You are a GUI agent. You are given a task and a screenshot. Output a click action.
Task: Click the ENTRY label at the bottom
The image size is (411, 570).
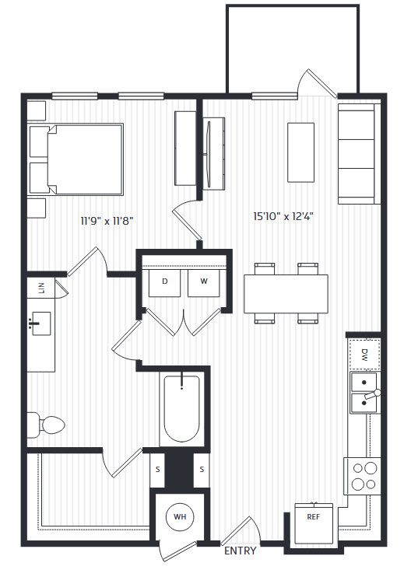point(240,551)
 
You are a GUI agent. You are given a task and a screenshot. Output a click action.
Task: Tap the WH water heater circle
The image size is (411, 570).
point(180,516)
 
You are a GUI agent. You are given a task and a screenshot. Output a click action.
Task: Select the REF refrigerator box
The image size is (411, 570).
point(314,523)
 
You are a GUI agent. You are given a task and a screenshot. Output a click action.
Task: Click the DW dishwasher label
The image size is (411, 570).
point(365,355)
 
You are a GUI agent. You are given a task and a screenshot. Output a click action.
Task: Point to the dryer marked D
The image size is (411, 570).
point(164,283)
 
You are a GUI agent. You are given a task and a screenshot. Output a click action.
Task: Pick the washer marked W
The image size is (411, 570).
point(203,283)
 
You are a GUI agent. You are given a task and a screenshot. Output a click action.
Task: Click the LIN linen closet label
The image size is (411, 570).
point(41,288)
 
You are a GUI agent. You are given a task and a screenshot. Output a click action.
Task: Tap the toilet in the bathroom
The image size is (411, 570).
point(46,425)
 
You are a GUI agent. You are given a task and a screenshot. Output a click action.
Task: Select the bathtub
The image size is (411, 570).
point(181,409)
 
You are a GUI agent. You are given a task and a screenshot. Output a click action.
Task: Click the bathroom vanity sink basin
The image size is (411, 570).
point(41,323)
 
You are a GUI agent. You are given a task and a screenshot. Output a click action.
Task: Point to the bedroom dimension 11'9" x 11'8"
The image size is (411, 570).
point(107,221)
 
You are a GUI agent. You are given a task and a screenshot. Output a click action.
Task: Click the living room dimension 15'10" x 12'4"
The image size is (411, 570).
point(283,217)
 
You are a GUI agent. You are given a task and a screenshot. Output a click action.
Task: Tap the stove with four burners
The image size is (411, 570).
point(363,476)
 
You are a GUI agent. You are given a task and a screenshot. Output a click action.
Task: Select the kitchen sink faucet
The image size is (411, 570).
point(373,394)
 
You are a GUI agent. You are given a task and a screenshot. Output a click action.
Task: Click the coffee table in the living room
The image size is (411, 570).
point(300,152)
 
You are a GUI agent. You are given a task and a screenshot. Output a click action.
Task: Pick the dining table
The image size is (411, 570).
point(286,294)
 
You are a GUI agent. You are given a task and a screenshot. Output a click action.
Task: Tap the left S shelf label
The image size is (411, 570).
point(158,470)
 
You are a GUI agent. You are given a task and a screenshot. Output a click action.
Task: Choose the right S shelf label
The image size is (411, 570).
point(202,470)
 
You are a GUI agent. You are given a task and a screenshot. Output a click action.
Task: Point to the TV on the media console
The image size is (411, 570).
point(209,154)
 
